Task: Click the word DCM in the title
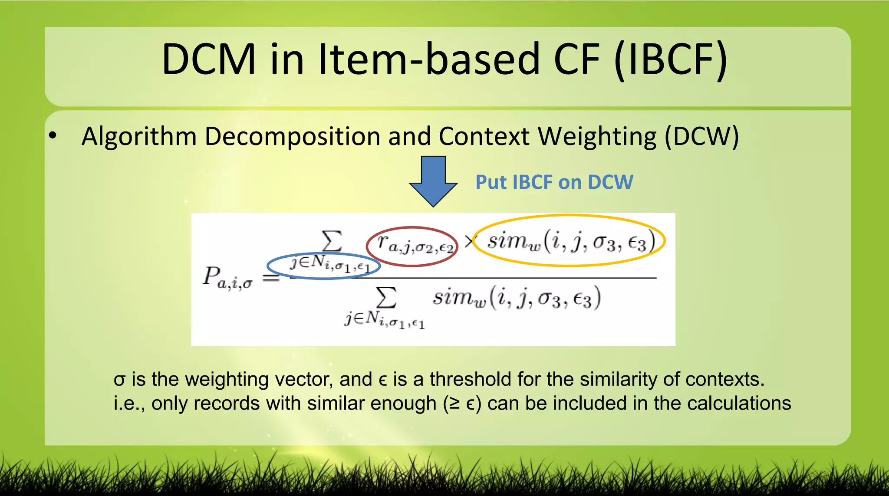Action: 209,59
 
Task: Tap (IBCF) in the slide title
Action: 671,59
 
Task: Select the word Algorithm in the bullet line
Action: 139,136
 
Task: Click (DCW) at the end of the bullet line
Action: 701,136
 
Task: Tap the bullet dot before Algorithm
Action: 53,136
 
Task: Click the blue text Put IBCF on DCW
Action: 554,182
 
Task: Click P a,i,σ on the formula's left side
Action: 227,278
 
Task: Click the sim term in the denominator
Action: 517,298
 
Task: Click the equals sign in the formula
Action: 271,277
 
